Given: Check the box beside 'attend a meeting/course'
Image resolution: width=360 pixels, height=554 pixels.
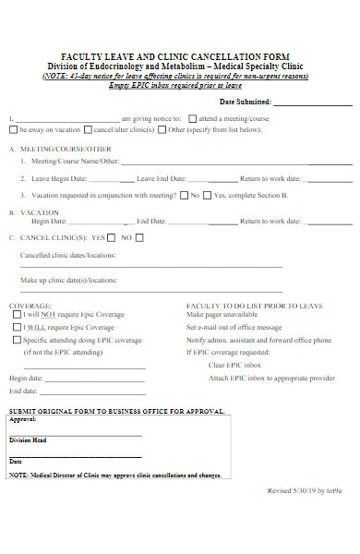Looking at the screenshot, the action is click(192, 118).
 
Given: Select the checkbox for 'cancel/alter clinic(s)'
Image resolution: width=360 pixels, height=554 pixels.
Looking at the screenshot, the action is click(88, 130).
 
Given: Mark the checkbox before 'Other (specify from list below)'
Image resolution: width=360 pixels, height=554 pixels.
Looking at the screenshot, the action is click(162, 130).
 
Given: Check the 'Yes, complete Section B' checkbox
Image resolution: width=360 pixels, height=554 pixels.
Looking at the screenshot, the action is click(208, 195).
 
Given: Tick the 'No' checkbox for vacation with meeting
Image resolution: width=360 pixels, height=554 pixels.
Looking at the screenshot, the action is click(183, 195).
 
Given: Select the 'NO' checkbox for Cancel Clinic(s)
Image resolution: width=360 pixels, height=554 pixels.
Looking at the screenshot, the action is click(125, 237).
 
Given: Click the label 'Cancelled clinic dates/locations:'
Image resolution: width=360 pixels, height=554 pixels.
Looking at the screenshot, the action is click(67, 254).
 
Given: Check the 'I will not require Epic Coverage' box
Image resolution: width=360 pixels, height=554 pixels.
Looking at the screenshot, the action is click(18, 315).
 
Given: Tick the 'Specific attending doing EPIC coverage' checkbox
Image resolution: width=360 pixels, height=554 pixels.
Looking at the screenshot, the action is click(18, 339).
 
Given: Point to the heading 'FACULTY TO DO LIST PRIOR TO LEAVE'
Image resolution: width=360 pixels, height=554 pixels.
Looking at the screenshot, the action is click(243, 305).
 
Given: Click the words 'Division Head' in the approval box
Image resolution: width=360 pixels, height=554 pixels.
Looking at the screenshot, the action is click(28, 440).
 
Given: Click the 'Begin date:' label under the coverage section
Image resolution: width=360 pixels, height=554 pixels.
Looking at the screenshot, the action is click(26, 378).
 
